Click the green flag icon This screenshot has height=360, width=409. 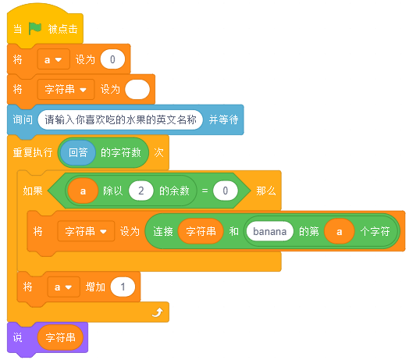pyautogui.click(x=34, y=28)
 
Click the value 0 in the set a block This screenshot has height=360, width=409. pyautogui.click(x=112, y=59)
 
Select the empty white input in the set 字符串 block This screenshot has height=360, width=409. pyautogui.click(x=137, y=89)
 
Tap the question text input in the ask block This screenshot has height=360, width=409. pyautogui.click(x=120, y=119)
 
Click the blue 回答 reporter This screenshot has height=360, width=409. pyautogui.click(x=78, y=152)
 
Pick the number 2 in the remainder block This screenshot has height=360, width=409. pyautogui.click(x=140, y=191)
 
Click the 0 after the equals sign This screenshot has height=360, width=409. pyautogui.click(x=226, y=191)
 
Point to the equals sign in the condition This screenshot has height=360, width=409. pyautogui.click(x=204, y=191)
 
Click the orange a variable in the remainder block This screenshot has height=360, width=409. pyautogui.click(x=83, y=191)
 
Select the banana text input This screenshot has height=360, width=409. pyautogui.click(x=270, y=231)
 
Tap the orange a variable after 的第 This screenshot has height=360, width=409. pyautogui.click(x=339, y=231)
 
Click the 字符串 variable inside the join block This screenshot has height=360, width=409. pyautogui.click(x=201, y=231)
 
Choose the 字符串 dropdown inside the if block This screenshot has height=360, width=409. pyautogui.click(x=86, y=231)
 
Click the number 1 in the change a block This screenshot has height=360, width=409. pyautogui.click(x=123, y=287)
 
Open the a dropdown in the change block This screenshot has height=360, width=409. pyautogui.click(x=64, y=287)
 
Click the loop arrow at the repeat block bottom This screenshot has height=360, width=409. pyautogui.click(x=158, y=312)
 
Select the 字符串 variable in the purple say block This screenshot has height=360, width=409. pyautogui.click(x=60, y=337)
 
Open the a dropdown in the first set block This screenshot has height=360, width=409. pyautogui.click(x=54, y=59)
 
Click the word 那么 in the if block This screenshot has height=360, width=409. pyautogui.click(x=266, y=191)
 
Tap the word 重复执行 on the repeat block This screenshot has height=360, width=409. pyautogui.click(x=33, y=152)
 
